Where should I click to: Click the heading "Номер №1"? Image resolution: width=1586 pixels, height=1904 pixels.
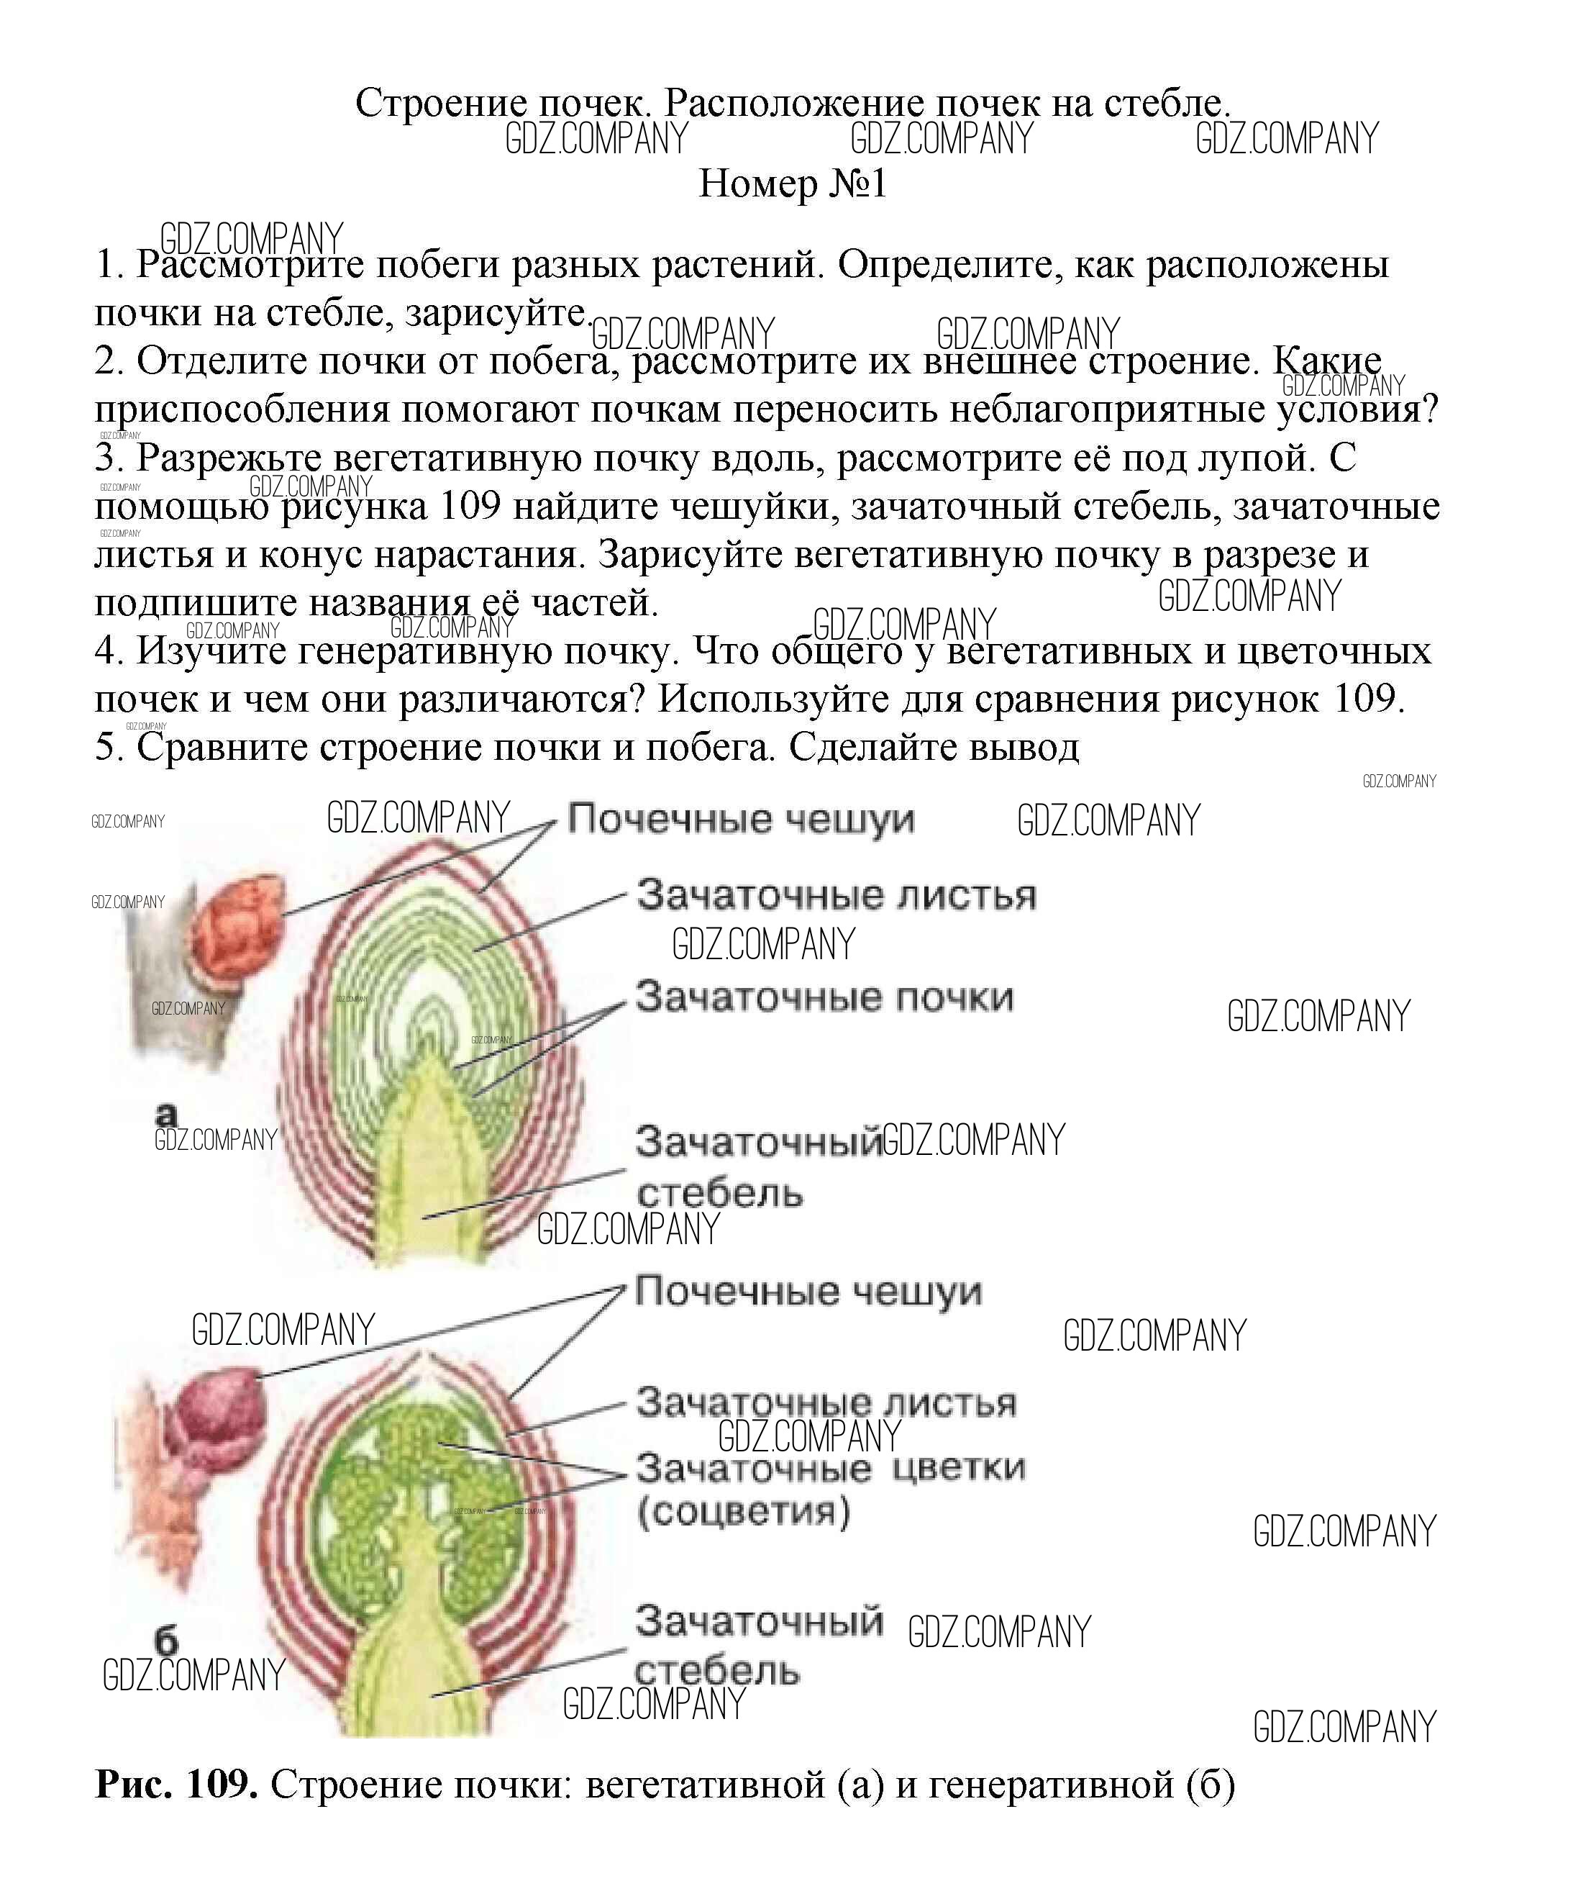click(792, 184)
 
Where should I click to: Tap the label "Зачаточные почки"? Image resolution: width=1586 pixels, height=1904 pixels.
click(824, 997)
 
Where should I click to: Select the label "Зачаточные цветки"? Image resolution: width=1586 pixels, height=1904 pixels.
click(830, 1467)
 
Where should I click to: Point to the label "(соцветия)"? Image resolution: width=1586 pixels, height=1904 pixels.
click(743, 1511)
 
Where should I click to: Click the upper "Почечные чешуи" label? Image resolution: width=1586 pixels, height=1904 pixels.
click(740, 820)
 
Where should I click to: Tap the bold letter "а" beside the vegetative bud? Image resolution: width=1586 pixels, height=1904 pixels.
click(167, 1112)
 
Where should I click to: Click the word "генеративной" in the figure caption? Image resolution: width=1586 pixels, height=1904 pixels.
click(1052, 1785)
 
